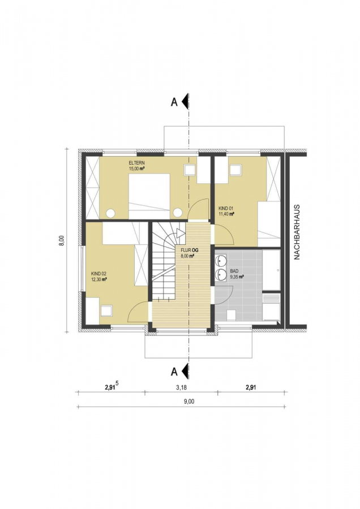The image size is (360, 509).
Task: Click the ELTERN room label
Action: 136,163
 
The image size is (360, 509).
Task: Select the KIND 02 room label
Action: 98,274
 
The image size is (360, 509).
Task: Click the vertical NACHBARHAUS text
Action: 297,232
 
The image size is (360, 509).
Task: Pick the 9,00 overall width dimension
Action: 189,402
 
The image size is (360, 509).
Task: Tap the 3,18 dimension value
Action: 181,387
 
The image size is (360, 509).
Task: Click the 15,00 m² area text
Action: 137,169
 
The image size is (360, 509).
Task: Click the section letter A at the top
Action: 174,102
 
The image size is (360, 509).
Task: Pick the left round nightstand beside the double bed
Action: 111,213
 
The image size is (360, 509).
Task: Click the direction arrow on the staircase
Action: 179,234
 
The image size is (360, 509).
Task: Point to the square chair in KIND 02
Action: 106,310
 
